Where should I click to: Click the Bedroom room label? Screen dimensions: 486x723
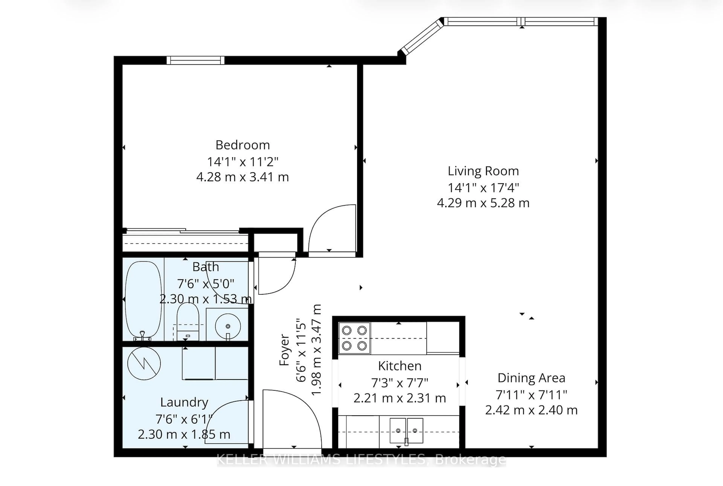click(x=243, y=145)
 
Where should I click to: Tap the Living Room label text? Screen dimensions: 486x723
click(x=483, y=171)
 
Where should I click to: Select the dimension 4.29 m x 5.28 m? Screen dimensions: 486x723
click(x=483, y=203)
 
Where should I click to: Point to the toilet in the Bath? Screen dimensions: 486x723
click(x=187, y=321)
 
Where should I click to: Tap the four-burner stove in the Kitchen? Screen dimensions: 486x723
click(x=354, y=338)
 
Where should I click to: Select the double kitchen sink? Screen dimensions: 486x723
click(x=406, y=430)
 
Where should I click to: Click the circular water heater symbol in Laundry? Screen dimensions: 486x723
click(x=144, y=363)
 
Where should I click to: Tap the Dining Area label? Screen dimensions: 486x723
click(x=531, y=378)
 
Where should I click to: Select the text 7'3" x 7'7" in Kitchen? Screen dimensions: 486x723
click(x=400, y=383)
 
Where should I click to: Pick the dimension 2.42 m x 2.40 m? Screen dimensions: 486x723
click(x=531, y=410)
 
